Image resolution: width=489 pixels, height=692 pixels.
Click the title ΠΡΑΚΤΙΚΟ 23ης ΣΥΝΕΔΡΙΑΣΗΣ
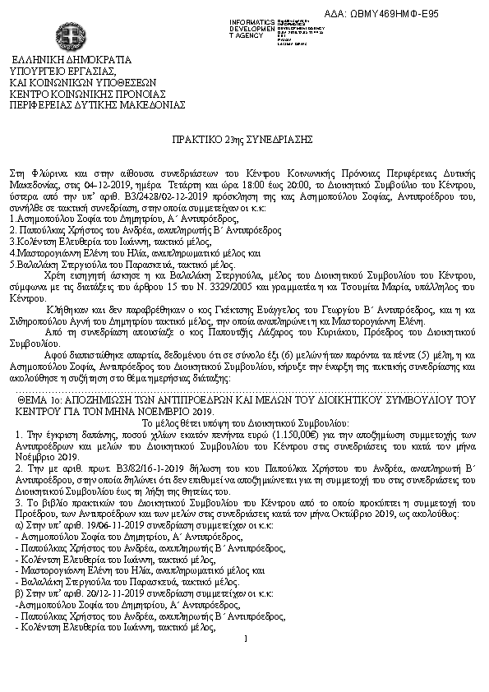pos(245,140)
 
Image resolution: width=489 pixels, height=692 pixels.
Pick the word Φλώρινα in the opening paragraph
pos(46,174)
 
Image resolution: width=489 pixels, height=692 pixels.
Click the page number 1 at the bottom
pos(245,639)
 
